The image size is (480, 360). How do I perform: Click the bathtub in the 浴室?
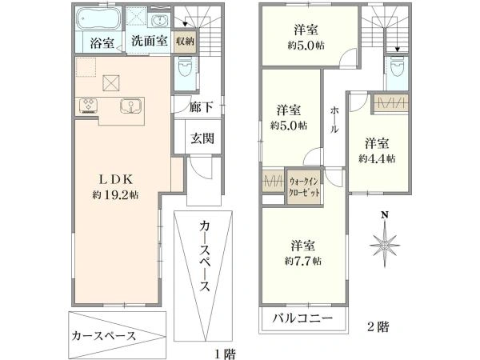coord(98,18)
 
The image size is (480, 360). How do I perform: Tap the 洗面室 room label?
coord(149,41)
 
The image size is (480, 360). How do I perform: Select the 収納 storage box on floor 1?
coord(185,42)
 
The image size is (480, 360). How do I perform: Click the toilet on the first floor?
coord(185,67)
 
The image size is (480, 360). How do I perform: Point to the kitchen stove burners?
coord(88,105)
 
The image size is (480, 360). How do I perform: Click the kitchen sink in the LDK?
coord(131,106)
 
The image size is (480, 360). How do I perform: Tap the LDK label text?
coord(116,180)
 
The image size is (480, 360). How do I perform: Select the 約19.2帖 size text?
coord(115,195)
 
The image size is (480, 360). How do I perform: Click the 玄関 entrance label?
coord(202,138)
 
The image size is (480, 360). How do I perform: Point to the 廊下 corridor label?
coord(201,107)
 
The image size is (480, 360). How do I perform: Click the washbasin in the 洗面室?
coord(159,21)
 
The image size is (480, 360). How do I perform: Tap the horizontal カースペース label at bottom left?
coord(103,336)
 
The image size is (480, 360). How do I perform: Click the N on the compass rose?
coord(385,215)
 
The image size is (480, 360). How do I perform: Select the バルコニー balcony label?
coord(302,318)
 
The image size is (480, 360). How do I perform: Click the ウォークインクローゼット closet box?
coord(304,186)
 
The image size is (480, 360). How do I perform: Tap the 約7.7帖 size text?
coord(302,261)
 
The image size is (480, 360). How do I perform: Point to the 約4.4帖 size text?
coord(377,158)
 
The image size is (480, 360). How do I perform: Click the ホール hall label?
coord(334,120)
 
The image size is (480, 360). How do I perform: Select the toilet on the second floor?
coord(398,69)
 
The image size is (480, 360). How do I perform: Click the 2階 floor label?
coord(378,327)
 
